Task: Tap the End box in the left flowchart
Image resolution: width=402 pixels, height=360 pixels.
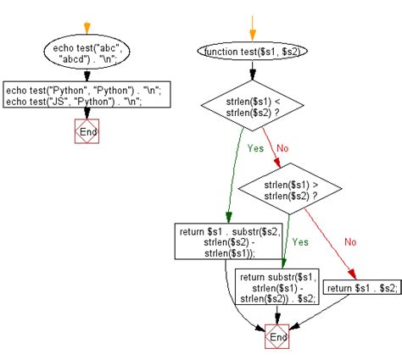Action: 87,131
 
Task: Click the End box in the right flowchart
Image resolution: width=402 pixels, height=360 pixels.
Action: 276,337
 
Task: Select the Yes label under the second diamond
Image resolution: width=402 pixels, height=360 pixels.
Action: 299,241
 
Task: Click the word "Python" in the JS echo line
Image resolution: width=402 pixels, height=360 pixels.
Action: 118,99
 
